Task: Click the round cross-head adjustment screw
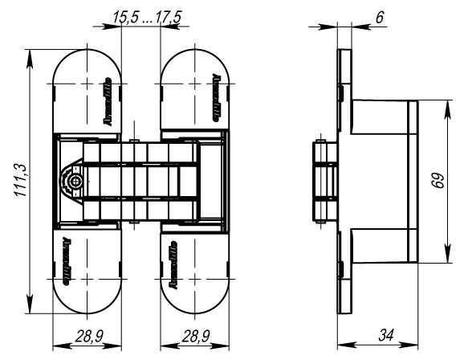[75, 182]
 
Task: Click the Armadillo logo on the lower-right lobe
[173, 261]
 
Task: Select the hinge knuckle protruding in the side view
[322, 182]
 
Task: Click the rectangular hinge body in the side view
[381, 182]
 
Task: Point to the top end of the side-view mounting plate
[344, 55]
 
